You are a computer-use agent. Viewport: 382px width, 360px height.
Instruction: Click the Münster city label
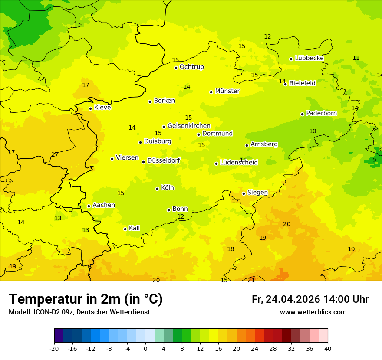[227, 91]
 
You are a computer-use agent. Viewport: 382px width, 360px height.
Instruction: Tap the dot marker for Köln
[157, 189]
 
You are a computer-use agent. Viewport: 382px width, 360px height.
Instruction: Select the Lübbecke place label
[309, 58]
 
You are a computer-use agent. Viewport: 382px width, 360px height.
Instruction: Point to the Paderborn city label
[321, 113]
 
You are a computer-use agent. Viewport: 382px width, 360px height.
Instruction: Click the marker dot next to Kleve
[90, 108]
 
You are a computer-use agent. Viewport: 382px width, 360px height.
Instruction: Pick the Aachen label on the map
[104, 205]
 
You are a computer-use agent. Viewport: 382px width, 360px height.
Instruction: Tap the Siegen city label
[257, 193]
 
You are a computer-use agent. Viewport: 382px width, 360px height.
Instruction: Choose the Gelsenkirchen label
[189, 126]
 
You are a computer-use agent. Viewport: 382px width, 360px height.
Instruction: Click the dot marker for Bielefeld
[285, 84]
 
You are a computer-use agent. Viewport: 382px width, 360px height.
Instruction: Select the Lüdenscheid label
[239, 163]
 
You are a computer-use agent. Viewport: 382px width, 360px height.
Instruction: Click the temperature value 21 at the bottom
[251, 280]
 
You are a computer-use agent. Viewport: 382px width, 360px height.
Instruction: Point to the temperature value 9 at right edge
[374, 160]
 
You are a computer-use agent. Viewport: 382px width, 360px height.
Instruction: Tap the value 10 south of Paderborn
[313, 131]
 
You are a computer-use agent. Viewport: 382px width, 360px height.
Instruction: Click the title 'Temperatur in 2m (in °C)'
[86, 299]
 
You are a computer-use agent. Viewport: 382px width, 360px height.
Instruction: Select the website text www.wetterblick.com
[313, 312]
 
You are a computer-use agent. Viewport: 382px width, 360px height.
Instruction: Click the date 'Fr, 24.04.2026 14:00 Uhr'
[310, 300]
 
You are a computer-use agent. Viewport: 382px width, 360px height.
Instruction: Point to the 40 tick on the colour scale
[327, 348]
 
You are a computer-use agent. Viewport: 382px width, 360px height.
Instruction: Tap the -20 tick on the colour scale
[54, 348]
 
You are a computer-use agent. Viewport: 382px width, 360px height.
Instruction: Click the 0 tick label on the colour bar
[145, 348]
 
